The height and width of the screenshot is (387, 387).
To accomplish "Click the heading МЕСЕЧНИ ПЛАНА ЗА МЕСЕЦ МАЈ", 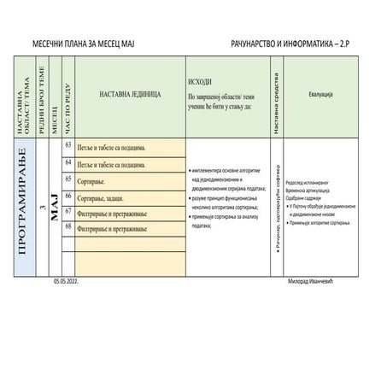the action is (x=84, y=43).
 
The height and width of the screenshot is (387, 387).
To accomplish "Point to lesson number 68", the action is (x=68, y=228).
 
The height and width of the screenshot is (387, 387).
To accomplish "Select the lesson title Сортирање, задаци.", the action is (x=107, y=198).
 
